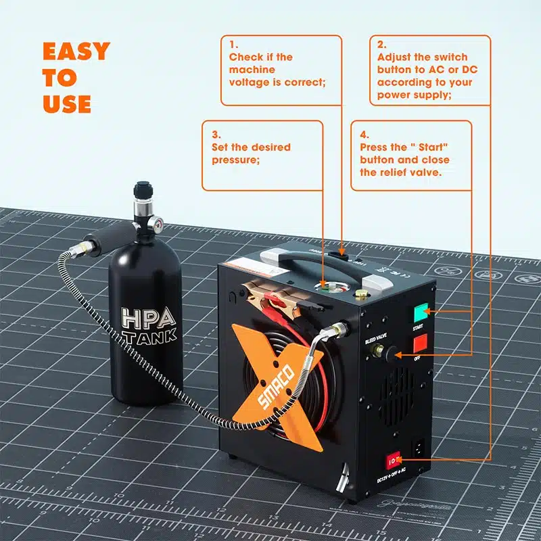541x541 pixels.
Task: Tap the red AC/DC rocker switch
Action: click(x=393, y=461)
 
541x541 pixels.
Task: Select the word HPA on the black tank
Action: click(x=148, y=317)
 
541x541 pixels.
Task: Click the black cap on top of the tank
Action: click(x=143, y=189)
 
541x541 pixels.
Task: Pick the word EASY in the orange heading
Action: click(x=76, y=51)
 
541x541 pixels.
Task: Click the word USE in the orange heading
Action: click(x=66, y=103)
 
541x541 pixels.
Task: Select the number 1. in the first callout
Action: click(x=233, y=45)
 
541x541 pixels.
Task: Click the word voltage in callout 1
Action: click(x=252, y=83)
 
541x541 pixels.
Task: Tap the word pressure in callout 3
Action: click(x=232, y=160)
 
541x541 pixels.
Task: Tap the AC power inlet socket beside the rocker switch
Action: click(x=420, y=447)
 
